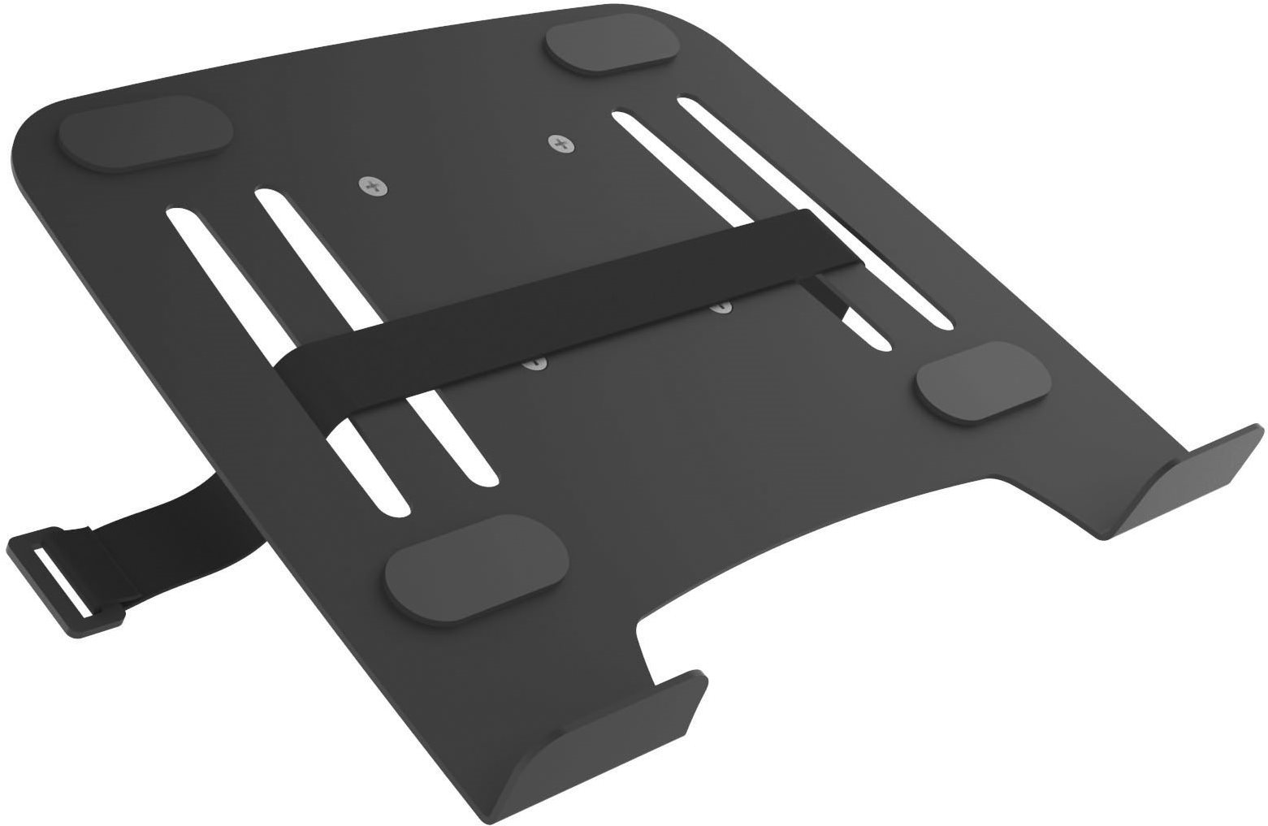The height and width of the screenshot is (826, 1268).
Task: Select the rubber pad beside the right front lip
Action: [983, 381]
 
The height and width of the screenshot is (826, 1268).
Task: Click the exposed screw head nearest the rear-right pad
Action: [559, 144]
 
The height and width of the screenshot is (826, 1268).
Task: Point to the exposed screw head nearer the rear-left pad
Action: [373, 187]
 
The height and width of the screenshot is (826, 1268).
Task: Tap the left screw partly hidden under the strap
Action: [534, 365]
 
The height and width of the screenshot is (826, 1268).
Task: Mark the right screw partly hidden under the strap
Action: [721, 308]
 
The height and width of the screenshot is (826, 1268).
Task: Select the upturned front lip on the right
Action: [1186, 487]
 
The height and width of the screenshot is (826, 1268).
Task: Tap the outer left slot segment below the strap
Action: [366, 471]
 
